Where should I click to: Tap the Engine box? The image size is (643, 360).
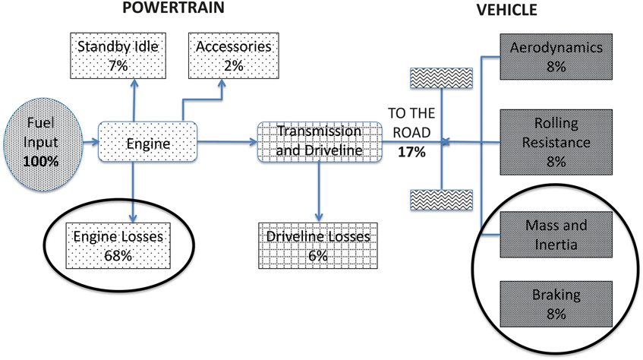[148, 141]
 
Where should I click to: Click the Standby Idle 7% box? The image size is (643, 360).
[118, 56]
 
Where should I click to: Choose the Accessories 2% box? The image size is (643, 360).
[234, 56]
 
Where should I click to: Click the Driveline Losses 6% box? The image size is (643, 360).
[318, 245]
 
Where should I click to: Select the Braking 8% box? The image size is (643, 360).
[556, 303]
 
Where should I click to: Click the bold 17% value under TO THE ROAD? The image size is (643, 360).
[411, 152]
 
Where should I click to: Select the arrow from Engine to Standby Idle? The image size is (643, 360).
[134, 99]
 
